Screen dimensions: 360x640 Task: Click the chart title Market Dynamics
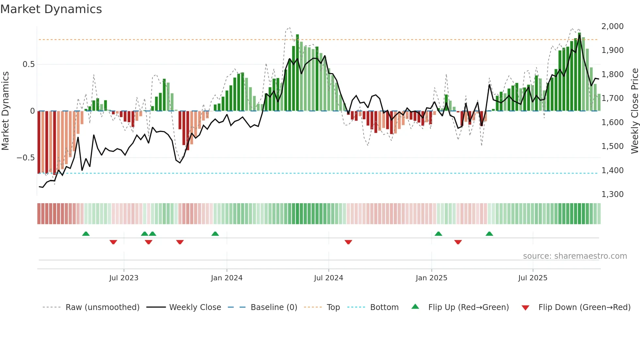click(51, 9)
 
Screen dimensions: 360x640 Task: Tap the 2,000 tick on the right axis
click(612, 26)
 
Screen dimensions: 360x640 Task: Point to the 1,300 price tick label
click(612, 194)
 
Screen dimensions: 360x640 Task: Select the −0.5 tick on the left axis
click(25, 158)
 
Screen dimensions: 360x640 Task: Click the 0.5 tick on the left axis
click(28, 64)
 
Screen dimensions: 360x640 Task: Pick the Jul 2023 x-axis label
click(124, 278)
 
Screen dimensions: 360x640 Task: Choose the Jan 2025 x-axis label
click(431, 278)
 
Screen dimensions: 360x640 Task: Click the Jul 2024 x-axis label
click(328, 278)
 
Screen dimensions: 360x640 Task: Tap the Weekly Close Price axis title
click(634, 111)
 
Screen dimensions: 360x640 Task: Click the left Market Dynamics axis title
click(5, 111)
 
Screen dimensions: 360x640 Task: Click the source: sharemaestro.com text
click(575, 256)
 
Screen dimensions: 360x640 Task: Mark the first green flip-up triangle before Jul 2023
click(86, 234)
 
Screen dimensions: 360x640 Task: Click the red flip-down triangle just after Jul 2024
click(348, 242)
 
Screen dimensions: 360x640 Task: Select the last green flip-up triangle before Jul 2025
click(489, 234)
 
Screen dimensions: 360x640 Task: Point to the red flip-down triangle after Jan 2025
click(458, 242)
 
